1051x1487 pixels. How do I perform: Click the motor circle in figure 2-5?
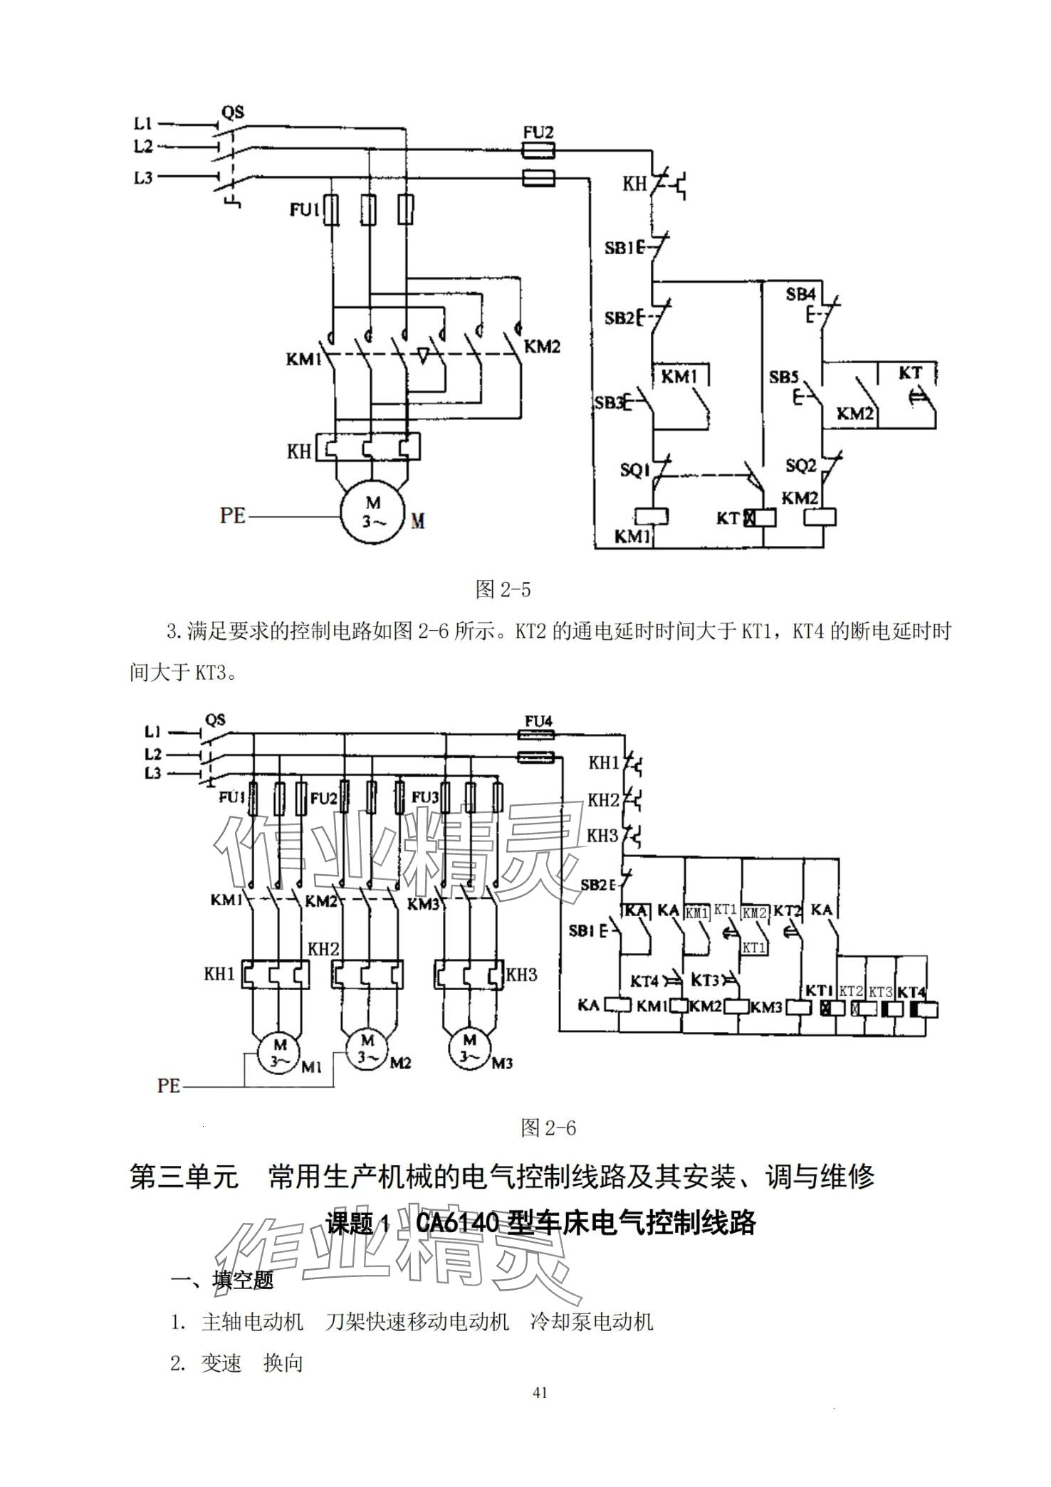click(372, 512)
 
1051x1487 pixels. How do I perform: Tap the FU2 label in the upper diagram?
click(538, 133)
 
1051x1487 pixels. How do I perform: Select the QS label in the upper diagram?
click(232, 112)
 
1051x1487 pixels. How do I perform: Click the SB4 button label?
click(800, 294)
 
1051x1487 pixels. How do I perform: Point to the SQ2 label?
click(800, 466)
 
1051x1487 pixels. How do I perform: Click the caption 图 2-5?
click(503, 589)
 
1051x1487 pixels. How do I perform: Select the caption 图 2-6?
click(548, 1128)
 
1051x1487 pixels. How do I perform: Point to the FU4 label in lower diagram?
click(538, 721)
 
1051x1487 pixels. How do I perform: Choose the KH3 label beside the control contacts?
click(602, 835)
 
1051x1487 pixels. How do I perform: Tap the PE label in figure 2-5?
click(233, 515)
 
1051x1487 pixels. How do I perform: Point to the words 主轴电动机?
click(252, 1322)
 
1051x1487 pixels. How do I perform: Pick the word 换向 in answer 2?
click(283, 1363)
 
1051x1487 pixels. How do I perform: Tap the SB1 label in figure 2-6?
click(582, 930)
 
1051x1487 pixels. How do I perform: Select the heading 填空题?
click(243, 1281)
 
